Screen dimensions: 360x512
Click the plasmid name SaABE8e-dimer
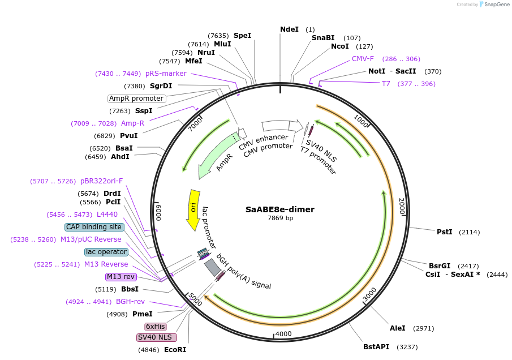pos(279,209)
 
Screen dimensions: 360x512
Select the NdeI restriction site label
pos(289,29)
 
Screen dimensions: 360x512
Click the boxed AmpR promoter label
pos(137,98)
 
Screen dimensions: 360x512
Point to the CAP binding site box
pos(94,227)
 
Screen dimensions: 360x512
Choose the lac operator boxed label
pos(106,252)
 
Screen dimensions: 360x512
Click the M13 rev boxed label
pos(121,277)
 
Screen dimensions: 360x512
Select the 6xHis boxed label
pos(156,327)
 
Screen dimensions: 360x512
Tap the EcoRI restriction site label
pos(175,350)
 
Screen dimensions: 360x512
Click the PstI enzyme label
pos(444,232)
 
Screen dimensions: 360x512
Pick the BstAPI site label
pos(377,346)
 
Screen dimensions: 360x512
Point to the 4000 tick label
pos(283,334)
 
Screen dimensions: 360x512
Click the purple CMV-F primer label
pos(363,59)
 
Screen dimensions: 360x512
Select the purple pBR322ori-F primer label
pos(101,181)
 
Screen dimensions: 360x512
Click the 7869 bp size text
pos(280,218)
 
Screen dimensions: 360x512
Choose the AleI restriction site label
pos(397,328)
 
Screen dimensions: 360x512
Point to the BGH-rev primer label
pos(130,302)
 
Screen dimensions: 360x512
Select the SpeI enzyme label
pos(242,36)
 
